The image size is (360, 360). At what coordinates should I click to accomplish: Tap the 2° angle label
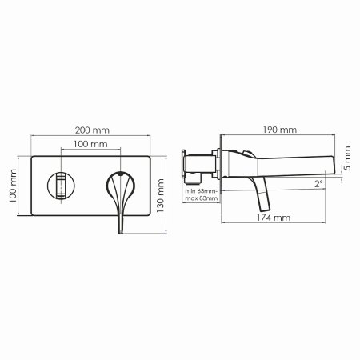318,184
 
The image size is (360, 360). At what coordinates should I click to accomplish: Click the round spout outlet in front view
59,186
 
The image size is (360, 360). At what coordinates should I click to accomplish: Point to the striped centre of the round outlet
59,186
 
